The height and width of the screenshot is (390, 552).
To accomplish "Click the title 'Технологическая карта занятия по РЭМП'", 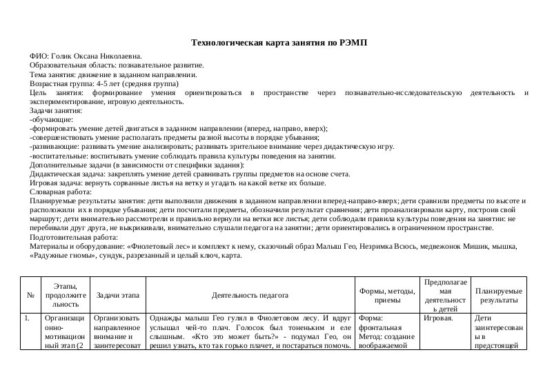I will coord(279,43).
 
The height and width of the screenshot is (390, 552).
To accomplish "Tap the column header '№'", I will coord(30,295).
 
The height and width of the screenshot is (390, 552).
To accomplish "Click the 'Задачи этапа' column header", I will coord(117,295).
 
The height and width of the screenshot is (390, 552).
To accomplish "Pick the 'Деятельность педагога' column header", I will coord(250,295).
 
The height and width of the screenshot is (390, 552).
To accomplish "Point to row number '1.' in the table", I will coord(27,319).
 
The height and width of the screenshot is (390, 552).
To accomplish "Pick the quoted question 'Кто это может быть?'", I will coord(217,337).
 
